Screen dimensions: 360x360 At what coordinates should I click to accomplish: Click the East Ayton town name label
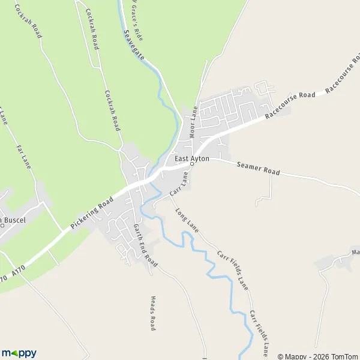pyautogui.click(x=192, y=158)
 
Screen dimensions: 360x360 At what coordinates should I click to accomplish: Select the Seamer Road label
pyautogui.click(x=258, y=168)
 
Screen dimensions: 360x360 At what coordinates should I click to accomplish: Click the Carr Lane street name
pyautogui.click(x=179, y=184)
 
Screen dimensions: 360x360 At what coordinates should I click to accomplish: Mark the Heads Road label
pyautogui.click(x=153, y=313)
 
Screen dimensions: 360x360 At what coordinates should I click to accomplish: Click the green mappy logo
pyautogui.click(x=19, y=353)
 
